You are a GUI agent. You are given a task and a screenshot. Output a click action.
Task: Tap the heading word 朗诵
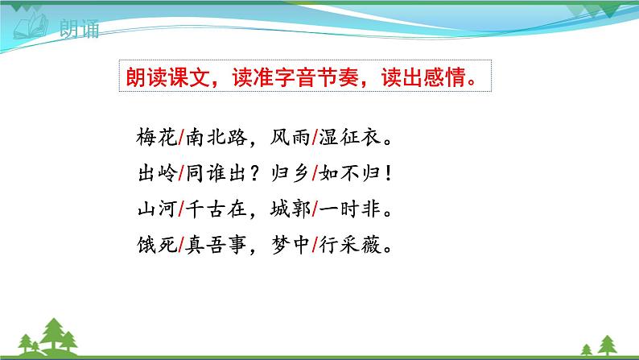[79, 32]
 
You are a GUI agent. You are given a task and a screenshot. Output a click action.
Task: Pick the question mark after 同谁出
[252, 175]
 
